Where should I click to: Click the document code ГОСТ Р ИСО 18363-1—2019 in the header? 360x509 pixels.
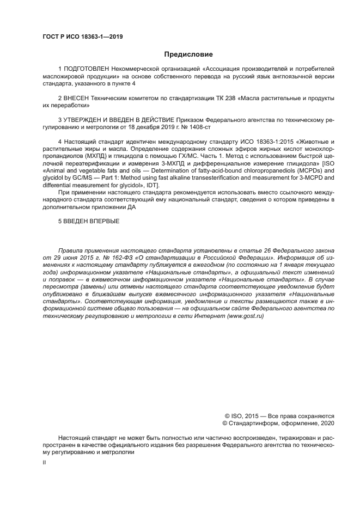point(82,37)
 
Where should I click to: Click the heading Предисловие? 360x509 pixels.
point(188,54)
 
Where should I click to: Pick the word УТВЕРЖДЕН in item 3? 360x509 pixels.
point(82,119)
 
